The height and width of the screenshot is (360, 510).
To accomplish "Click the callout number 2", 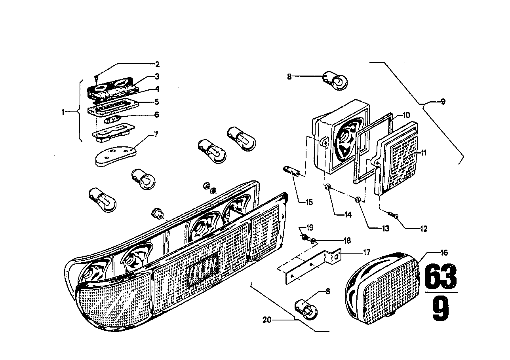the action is (157, 64).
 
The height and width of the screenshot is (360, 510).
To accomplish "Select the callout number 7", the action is (156, 135).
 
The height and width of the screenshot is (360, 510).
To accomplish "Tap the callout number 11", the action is (424, 153).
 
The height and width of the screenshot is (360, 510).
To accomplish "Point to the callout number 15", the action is (309, 202).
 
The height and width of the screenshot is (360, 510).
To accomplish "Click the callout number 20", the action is (267, 320).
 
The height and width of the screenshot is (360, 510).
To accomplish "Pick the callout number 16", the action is (444, 252).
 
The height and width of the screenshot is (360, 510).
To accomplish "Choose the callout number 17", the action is (367, 252).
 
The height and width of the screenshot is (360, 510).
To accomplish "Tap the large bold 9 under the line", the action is (441, 309).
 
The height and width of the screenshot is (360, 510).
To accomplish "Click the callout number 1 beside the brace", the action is (63, 112).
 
